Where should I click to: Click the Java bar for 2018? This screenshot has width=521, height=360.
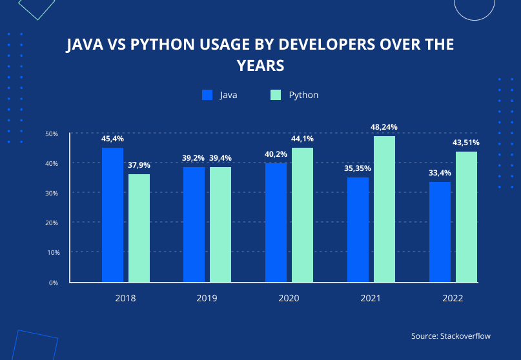112,215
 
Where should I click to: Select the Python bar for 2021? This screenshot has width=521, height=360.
384,209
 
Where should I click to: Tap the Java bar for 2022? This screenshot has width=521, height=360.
440,232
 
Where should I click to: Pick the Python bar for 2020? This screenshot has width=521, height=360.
302,215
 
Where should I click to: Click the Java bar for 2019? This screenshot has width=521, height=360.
194,225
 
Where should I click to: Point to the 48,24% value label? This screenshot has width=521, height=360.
384,127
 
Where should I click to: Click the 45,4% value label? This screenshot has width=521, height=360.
112,139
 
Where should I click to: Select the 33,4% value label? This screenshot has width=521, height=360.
440,173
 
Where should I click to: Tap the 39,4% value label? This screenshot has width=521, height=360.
220,158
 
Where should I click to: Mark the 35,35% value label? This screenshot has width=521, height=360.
358,168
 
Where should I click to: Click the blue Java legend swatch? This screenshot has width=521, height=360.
207,95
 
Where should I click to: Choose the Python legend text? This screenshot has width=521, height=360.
303,95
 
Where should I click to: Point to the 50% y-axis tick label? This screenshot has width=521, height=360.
52,134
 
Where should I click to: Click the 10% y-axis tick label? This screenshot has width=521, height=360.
52,252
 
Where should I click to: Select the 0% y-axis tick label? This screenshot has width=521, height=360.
54,283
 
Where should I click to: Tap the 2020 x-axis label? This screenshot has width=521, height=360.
289,299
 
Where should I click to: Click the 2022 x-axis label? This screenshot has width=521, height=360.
453,299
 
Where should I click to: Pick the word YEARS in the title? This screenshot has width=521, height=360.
260,66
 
